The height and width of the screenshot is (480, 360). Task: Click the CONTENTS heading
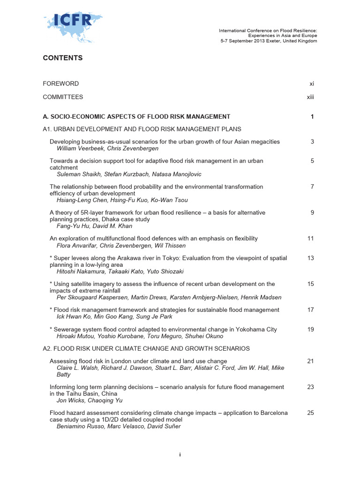pos(62,58)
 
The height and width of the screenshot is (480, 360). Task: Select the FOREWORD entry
pos(60,84)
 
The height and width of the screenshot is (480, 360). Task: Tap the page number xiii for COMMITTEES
pos(310,97)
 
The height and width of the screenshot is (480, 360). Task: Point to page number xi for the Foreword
pos(311,84)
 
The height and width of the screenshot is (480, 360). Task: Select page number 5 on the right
pos(312,161)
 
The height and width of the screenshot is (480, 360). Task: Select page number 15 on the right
pos(310,284)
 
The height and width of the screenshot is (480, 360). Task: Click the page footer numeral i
pos(180,455)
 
